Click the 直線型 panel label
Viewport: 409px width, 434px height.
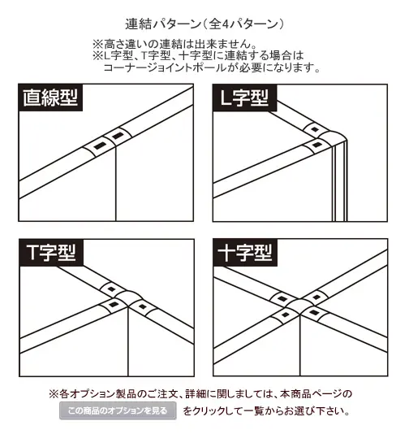pos(50,98)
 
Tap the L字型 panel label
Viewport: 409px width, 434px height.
pos(244,98)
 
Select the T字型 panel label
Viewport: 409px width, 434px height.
pos(51,253)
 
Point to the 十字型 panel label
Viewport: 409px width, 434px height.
pos(245,253)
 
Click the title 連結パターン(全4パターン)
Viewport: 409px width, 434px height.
pos(204,24)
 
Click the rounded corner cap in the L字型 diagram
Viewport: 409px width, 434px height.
pos(334,138)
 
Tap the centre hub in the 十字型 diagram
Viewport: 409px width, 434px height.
pos(299,306)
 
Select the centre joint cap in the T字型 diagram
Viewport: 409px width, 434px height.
pos(127,298)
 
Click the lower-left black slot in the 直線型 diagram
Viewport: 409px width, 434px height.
pos(100,145)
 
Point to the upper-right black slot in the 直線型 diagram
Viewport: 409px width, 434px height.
pos(118,136)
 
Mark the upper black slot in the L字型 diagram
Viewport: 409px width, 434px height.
pos(315,129)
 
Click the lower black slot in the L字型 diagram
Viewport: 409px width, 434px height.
pos(316,145)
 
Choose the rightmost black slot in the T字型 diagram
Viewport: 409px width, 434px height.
pos(142,306)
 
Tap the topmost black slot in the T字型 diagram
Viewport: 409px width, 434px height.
pos(111,289)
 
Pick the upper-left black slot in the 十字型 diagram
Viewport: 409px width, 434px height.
pos(282,298)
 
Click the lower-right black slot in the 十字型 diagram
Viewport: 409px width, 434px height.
pos(314,313)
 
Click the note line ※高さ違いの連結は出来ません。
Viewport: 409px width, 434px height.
pos(174,44)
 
